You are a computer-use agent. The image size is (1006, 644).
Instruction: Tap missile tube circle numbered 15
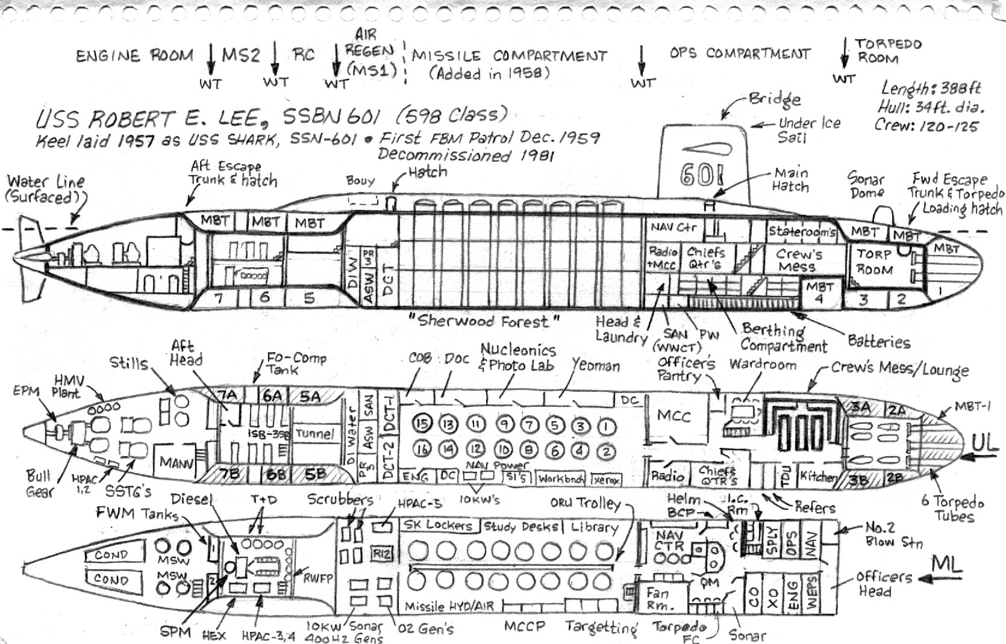(422, 424)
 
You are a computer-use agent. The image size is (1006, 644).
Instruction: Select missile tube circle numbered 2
(607, 451)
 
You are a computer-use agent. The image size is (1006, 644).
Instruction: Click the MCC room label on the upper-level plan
(673, 416)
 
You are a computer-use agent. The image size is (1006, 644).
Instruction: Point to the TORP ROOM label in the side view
(874, 262)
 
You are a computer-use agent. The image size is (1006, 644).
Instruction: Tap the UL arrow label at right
(987, 444)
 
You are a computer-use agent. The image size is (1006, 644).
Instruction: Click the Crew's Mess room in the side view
(799, 260)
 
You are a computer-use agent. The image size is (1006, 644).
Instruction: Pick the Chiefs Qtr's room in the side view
(706, 258)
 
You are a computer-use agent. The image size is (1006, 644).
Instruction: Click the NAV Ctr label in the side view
(673, 228)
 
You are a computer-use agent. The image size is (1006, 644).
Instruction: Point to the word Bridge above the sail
(775, 99)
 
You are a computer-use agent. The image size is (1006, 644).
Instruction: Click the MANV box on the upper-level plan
(175, 462)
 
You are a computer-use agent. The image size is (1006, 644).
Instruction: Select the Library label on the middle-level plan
(594, 527)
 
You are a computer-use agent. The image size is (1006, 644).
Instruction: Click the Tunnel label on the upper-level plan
(315, 433)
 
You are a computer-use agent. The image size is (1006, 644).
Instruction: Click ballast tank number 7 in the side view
(219, 297)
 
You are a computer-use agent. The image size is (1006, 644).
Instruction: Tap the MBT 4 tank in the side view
(819, 293)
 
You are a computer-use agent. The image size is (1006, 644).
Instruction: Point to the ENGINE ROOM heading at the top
(134, 56)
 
